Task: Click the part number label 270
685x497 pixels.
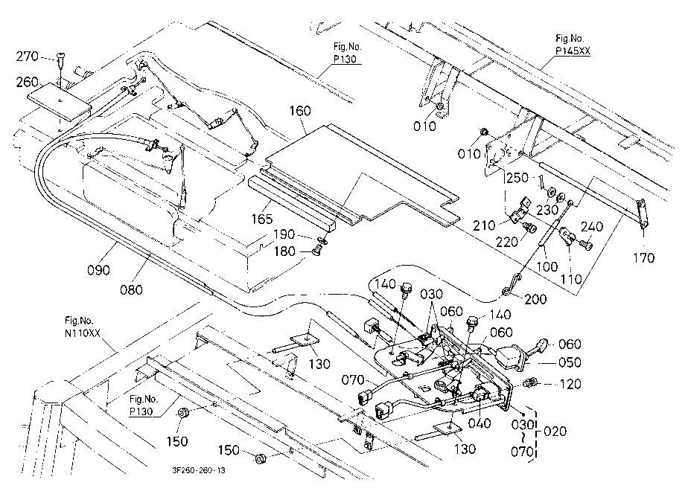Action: click(x=27, y=57)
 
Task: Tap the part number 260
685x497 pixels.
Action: click(x=27, y=82)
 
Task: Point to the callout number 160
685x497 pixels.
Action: click(x=300, y=111)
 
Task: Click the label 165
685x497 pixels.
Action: click(x=261, y=219)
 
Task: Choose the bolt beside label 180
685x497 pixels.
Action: click(x=316, y=251)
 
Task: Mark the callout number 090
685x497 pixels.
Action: click(x=98, y=270)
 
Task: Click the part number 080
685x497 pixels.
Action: click(x=131, y=289)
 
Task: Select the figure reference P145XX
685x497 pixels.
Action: click(x=573, y=51)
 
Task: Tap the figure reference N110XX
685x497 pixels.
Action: click(x=83, y=333)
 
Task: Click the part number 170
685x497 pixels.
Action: click(x=644, y=258)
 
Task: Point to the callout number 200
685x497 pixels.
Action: click(x=535, y=299)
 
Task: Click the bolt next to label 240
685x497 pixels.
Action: click(x=586, y=246)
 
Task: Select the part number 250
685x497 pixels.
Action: click(x=517, y=178)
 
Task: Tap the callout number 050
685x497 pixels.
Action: click(x=570, y=362)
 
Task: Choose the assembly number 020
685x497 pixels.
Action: click(x=555, y=432)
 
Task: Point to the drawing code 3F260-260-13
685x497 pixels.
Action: click(x=199, y=470)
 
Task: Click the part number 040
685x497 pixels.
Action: click(x=479, y=423)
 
